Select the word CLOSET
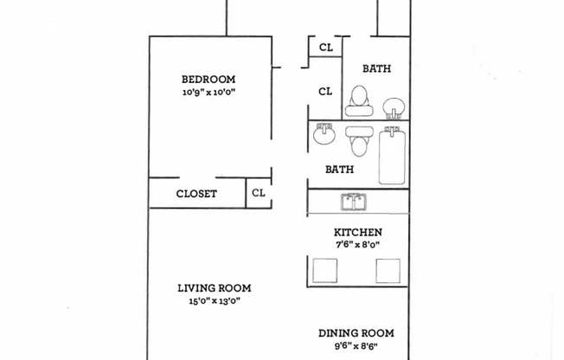pyautogui.click(x=196, y=194)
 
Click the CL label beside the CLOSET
pyautogui.click(x=258, y=193)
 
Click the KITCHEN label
pyautogui.click(x=358, y=232)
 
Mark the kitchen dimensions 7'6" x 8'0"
pyautogui.click(x=358, y=245)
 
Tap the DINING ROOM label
pyautogui.click(x=356, y=333)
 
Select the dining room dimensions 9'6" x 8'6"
pyautogui.click(x=356, y=346)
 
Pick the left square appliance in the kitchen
pyautogui.click(x=324, y=271)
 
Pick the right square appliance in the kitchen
pyautogui.click(x=389, y=271)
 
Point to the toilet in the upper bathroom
pyautogui.click(x=356, y=100)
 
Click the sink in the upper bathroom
pyautogui.click(x=393, y=106)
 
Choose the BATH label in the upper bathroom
pyautogui.click(x=376, y=68)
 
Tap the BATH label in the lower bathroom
pyautogui.click(x=339, y=170)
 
